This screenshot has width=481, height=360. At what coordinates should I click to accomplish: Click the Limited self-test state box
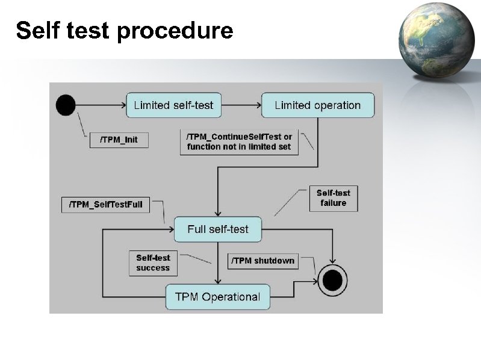click(x=173, y=105)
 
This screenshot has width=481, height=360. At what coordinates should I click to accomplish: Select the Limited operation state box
click(x=317, y=105)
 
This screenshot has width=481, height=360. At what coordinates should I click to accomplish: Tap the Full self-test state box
click(x=218, y=229)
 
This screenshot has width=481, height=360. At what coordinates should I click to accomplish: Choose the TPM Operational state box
click(x=217, y=297)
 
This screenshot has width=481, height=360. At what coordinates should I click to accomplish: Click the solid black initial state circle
click(x=66, y=105)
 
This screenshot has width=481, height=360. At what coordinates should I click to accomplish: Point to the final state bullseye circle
click(x=333, y=280)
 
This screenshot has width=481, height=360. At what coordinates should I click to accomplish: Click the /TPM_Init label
click(x=119, y=140)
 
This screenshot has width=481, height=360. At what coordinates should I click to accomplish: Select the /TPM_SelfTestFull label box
click(x=105, y=205)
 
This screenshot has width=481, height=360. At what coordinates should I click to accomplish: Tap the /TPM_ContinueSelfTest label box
click(x=239, y=141)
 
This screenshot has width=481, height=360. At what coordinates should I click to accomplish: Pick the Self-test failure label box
click(x=334, y=198)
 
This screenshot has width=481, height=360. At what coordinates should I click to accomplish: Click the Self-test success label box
click(x=153, y=263)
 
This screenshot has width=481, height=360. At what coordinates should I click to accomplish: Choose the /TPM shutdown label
click(x=262, y=261)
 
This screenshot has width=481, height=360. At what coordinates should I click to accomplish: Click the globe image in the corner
click(x=436, y=40)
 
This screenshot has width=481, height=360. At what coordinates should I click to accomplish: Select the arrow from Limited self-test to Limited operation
click(x=241, y=105)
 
